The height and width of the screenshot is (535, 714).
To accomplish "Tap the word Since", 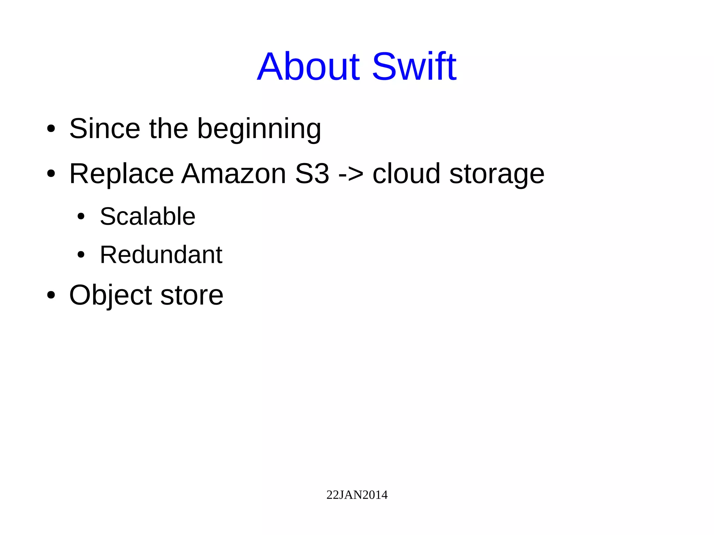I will coord(105,129).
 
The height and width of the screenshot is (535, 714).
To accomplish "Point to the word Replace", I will coord(121,174).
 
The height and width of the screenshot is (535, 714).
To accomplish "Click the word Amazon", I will coord(234,174).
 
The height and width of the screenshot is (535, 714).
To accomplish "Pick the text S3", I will coord(312,174).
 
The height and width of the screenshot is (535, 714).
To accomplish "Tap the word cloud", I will coord(406,174).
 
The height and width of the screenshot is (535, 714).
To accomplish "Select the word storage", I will coord(497,174).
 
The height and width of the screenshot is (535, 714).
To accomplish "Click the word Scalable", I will coord(147,216).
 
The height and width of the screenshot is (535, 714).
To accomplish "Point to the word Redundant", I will coord(161,255).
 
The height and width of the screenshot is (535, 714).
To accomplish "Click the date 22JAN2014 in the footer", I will coord(357,495).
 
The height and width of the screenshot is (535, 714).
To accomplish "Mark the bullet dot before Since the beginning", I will coord(51,129).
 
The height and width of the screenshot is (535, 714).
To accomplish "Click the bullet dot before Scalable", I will coord(81,217).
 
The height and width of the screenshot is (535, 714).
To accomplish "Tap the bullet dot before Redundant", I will coord(81,255).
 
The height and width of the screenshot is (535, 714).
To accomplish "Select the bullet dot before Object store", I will coord(51,295).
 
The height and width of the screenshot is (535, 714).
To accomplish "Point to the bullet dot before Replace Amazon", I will coord(51,174).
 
